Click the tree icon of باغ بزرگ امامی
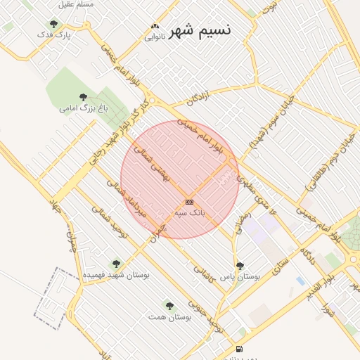[x=83, y=97]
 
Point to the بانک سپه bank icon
[x=189, y=202]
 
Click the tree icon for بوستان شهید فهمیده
[x=116, y=264]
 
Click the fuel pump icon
[x=240, y=349]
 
